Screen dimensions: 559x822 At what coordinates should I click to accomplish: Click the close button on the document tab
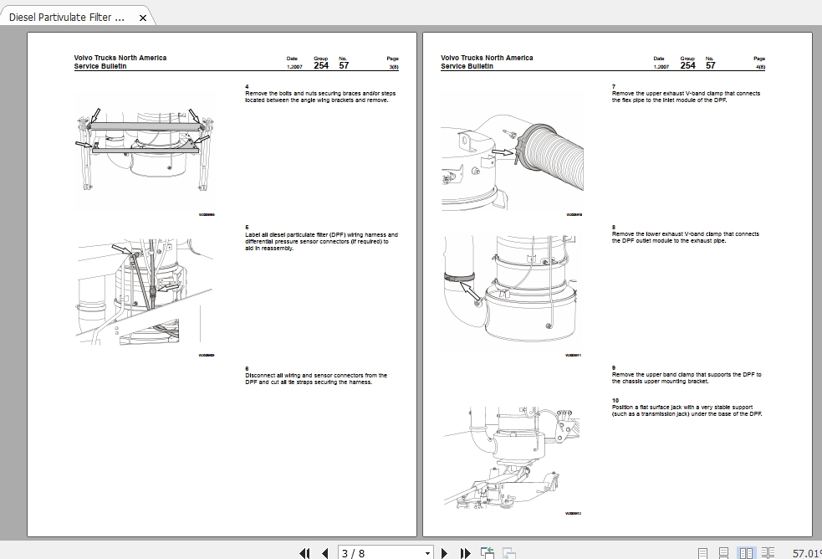pyautogui.click(x=143, y=18)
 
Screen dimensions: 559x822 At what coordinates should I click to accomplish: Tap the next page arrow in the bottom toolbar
pyautogui.click(x=445, y=552)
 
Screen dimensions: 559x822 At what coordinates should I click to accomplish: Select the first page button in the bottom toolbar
pyautogui.click(x=305, y=552)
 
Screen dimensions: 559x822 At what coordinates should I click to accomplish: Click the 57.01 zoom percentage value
pyautogui.click(x=806, y=552)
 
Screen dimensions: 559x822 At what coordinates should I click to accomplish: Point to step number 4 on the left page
pyautogui.click(x=247, y=87)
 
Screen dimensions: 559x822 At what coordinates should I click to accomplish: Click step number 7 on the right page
pyautogui.click(x=614, y=87)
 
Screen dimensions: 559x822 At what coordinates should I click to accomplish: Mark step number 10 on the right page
pyautogui.click(x=615, y=401)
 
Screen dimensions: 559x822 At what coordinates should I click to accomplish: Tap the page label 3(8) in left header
pyautogui.click(x=393, y=66)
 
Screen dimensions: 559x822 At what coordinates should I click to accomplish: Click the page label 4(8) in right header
pyautogui.click(x=759, y=66)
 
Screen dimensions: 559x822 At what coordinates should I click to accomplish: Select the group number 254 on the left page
pyautogui.click(x=321, y=65)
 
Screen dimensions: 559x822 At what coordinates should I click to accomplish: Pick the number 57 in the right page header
pyautogui.click(x=710, y=65)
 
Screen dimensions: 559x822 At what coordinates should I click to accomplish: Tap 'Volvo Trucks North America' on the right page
pyautogui.click(x=487, y=58)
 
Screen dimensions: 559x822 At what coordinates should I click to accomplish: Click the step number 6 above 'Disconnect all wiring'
pyautogui.click(x=247, y=369)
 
